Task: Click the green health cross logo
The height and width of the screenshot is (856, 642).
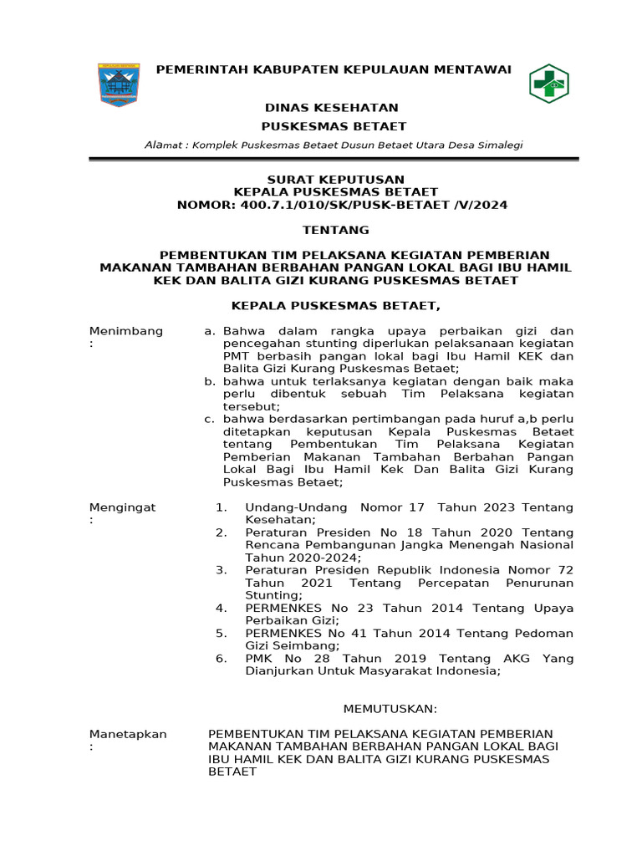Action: click(x=548, y=84)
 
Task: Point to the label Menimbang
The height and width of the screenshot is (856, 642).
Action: click(x=126, y=332)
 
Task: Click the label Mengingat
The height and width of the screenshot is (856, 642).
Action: click(x=122, y=507)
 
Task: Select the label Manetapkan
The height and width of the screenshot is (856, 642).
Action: click(x=128, y=734)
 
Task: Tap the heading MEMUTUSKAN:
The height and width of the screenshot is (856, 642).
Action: click(x=390, y=709)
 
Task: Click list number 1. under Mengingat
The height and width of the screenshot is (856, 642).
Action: click(x=221, y=507)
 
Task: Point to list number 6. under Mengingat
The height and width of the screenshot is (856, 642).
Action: click(x=221, y=659)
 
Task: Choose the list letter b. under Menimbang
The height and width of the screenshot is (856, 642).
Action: click(x=210, y=381)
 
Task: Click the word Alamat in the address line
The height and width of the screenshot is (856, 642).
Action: click(x=163, y=145)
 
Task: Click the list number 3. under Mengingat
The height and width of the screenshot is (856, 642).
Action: click(x=221, y=570)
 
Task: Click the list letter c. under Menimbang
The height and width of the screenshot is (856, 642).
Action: click(x=210, y=419)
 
